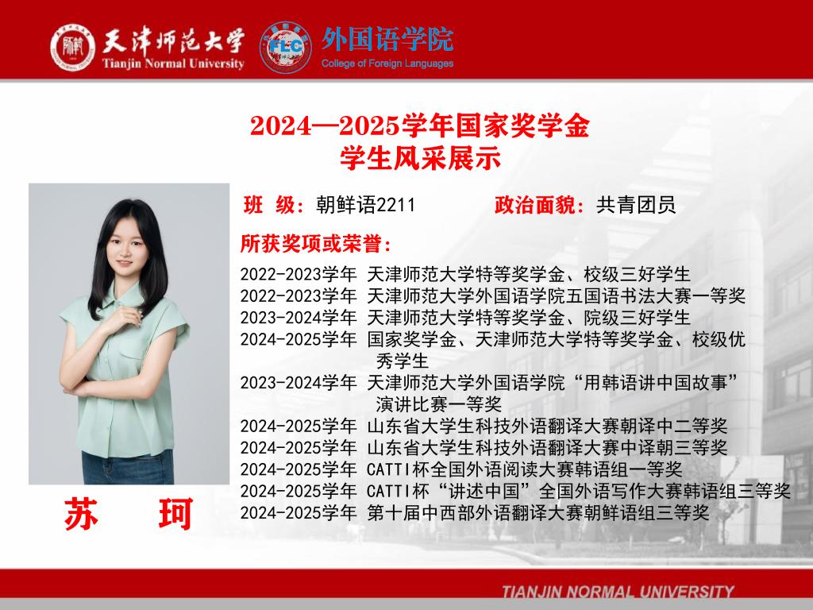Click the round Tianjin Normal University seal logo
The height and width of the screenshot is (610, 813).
tap(72, 47)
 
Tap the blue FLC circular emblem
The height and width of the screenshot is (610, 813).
tap(285, 47)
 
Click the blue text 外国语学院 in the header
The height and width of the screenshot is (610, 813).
tap(387, 40)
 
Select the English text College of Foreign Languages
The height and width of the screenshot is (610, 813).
tap(387, 64)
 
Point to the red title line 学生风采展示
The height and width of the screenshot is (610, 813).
tap(420, 158)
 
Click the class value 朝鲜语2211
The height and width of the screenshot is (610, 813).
tap(365, 205)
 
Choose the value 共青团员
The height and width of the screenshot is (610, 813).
tap(636, 205)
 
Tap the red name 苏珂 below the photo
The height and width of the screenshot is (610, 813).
tap(129, 514)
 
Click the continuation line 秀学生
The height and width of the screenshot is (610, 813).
tap(403, 361)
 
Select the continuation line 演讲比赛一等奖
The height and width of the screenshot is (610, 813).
tap(438, 404)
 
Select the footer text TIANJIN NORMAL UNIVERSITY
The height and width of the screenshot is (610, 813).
tap(618, 592)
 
